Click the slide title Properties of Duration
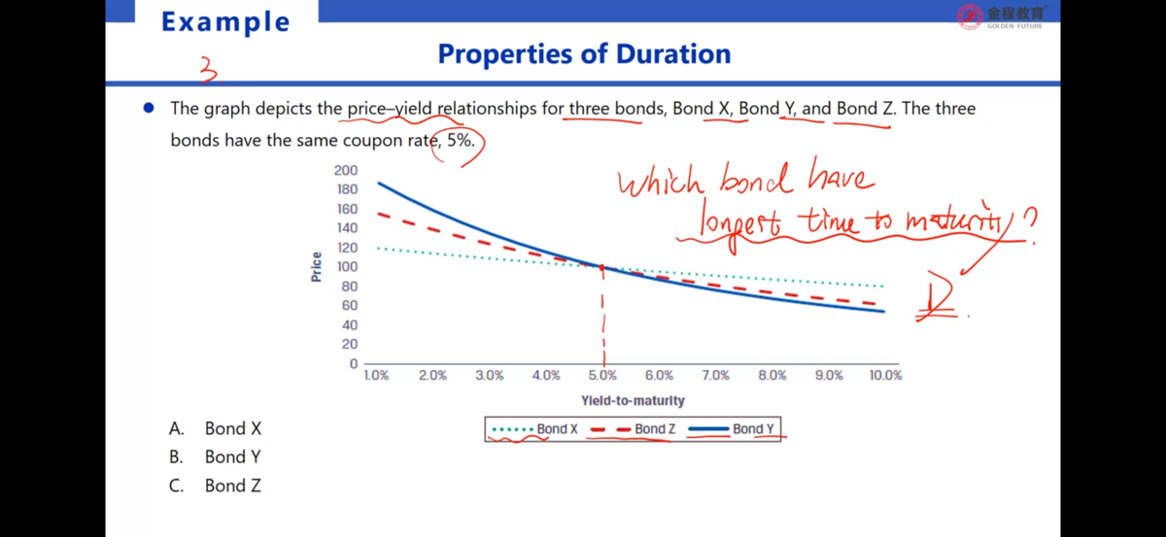[584, 53]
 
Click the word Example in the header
[225, 21]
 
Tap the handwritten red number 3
[208, 70]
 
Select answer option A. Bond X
[216, 428]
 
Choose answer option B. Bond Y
[216, 456]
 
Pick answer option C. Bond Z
[216, 486]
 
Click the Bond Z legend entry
[634, 429]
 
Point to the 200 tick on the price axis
[346, 170]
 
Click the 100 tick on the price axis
[346, 267]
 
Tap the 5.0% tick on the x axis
[602, 375]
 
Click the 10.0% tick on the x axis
[885, 375]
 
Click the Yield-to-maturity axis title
[633, 400]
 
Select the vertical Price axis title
[317, 267]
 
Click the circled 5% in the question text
[460, 140]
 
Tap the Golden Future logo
[1001, 16]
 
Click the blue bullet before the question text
[149, 109]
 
